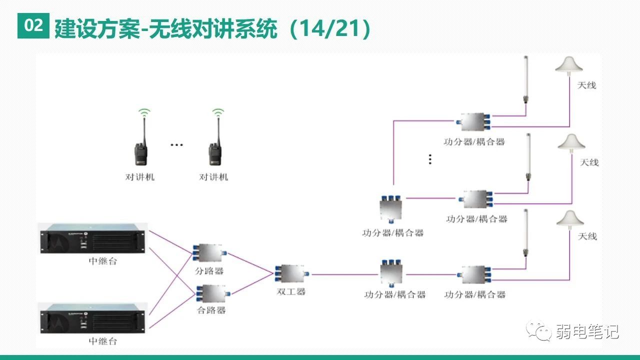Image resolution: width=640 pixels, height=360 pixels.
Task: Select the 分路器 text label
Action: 209,271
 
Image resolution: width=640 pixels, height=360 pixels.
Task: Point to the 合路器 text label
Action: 211,310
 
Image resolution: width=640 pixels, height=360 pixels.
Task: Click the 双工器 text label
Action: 291,291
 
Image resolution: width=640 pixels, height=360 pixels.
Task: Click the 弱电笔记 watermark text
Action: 587,331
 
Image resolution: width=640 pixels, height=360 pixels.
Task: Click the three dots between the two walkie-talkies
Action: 176,145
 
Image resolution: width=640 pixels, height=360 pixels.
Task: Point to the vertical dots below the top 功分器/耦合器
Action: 430,159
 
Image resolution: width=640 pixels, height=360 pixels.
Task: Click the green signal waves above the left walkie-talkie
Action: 144,113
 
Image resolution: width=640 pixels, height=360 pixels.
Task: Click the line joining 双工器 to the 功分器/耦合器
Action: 345,274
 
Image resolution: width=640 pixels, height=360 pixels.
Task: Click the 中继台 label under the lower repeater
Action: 102,341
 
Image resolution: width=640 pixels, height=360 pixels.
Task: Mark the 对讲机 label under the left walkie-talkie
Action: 139,177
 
